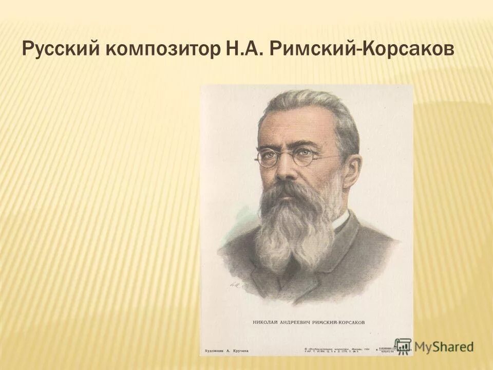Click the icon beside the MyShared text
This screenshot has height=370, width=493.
pos(403,345)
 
